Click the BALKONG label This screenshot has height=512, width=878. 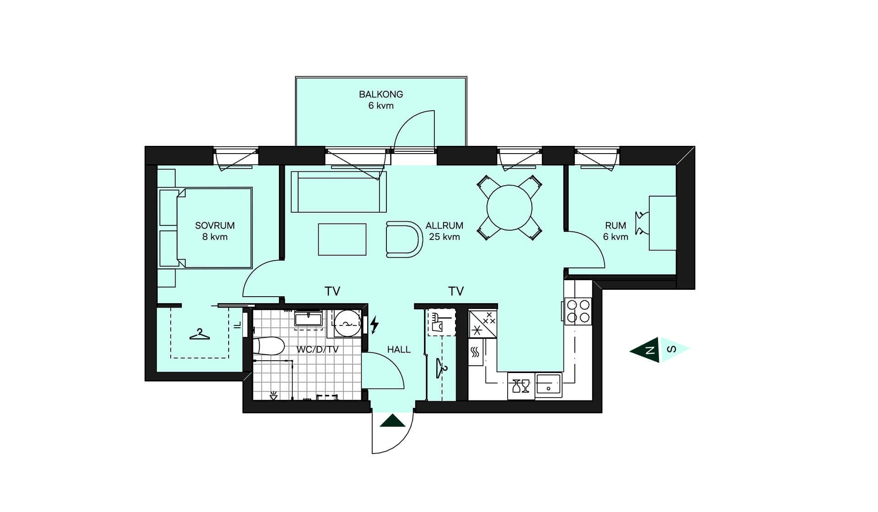381,94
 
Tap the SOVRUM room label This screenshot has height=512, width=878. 215,225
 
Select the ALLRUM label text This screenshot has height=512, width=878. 444,225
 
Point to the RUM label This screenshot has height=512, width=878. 616,225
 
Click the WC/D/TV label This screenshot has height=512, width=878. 317,350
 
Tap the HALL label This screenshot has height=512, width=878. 399,350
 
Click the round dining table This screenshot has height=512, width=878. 509,208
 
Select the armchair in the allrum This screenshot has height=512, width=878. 404,239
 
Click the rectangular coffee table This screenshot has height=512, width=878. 342,239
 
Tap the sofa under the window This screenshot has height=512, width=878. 339,192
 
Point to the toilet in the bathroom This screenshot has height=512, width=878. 269,346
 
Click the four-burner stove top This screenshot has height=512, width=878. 578,311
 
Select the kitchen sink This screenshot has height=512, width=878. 548,384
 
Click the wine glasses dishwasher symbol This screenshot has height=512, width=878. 521,386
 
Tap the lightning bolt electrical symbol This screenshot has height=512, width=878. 375,325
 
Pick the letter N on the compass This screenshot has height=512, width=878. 649,351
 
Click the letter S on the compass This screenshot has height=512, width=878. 671,350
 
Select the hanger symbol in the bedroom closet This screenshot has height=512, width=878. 200,335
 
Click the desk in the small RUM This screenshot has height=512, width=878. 663,223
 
